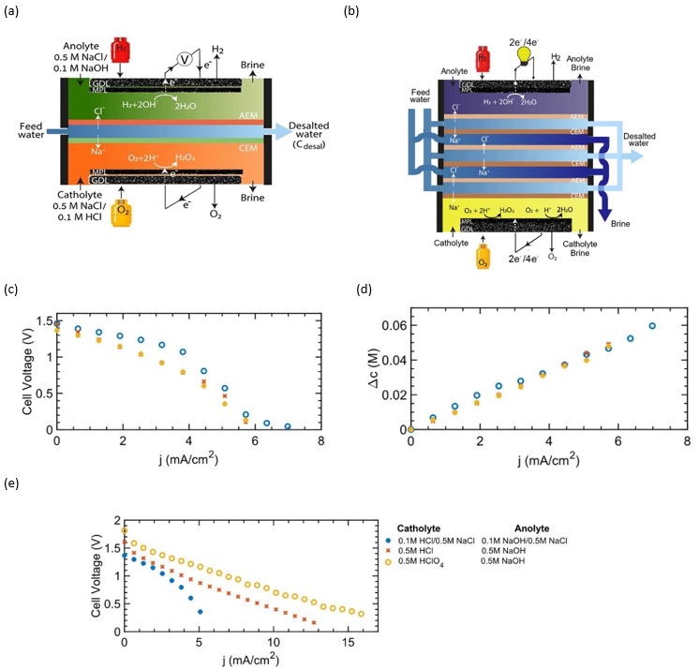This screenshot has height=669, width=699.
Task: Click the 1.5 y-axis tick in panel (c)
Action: [42, 321]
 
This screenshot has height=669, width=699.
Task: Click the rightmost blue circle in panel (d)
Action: [652, 326]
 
